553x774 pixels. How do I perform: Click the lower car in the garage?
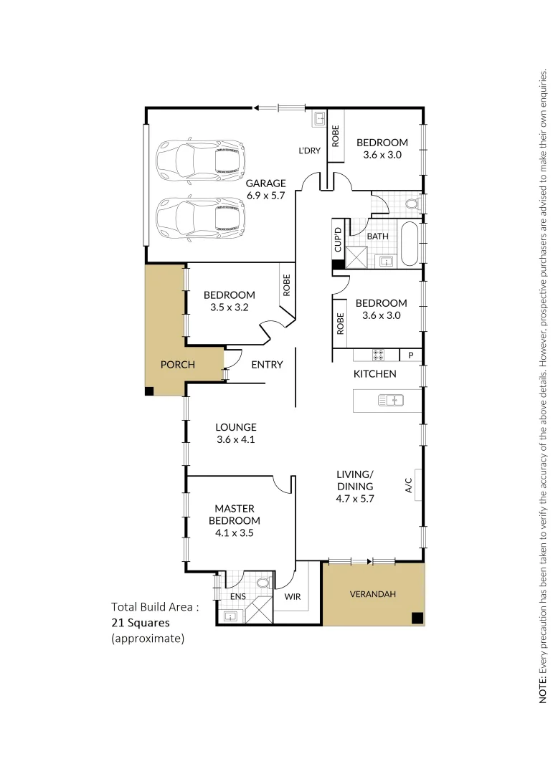coord(201,219)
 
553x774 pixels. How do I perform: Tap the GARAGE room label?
coord(265,183)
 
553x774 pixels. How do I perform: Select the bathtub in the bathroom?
coord(410,244)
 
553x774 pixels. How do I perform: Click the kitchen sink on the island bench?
coord(391,399)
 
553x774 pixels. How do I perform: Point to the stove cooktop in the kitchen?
coord(378,355)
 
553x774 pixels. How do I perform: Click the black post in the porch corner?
coord(149,391)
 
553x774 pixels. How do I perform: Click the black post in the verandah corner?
coord(417,618)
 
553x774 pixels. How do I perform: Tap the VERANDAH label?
coord(372,594)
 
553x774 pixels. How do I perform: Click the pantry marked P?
coord(411,355)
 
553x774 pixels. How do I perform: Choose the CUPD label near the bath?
coord(338,240)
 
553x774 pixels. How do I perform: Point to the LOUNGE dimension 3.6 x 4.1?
coord(235,439)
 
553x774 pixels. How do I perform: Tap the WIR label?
coord(292,596)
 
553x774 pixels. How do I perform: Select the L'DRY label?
coord(309,150)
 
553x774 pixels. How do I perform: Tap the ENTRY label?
coord(267,365)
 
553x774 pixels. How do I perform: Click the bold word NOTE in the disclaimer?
coord(543,689)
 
